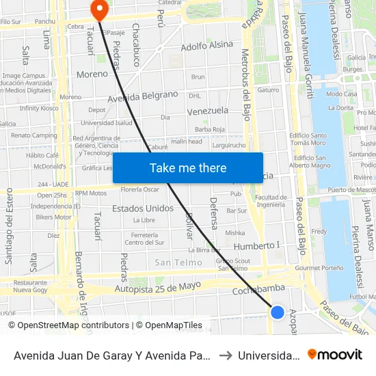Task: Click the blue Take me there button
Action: tap(188, 167)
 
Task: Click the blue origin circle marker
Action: tap(277, 312)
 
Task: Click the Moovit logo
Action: tap(335, 354)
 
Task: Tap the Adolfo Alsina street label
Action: tap(206, 46)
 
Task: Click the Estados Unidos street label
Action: tap(143, 208)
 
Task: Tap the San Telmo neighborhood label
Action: tap(178, 263)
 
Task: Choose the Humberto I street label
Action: tap(257, 245)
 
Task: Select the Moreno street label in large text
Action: tap(92, 73)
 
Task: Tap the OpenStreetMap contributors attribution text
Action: tap(68, 325)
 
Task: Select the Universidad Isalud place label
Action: tap(106, 123)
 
